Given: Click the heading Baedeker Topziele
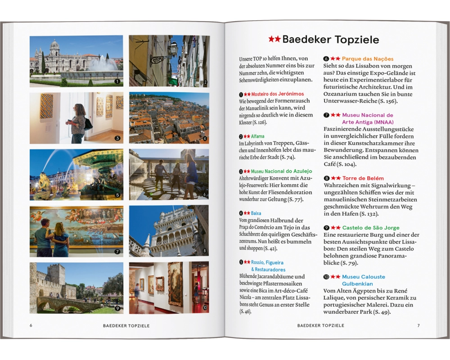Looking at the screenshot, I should coord(330,40).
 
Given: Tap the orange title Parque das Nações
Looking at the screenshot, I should coord(368,59).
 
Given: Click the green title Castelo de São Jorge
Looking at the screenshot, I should coord(371,228).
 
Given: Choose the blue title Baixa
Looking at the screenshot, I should coord(256,213).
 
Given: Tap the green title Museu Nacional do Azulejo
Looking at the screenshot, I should coord(281,171).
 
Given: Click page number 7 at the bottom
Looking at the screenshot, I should coord(418,325).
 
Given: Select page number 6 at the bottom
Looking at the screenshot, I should coord(31,325).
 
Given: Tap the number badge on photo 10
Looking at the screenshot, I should coord(204,308).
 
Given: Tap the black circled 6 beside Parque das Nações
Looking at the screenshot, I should coord(326,59).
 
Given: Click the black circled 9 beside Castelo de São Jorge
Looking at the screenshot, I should coord(326,228).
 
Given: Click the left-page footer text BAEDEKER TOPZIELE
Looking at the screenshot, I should coord(126,325).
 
